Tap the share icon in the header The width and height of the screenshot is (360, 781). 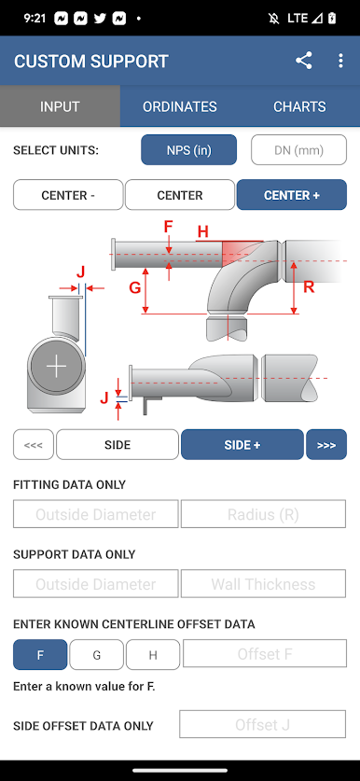(x=304, y=61)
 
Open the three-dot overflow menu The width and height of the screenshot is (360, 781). (x=340, y=61)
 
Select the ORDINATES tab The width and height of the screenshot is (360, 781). (x=180, y=106)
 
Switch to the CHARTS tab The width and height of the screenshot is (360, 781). (x=299, y=106)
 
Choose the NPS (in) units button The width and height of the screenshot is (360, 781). (x=188, y=150)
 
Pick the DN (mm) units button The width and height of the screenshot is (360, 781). (x=298, y=150)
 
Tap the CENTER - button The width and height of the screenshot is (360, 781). (x=68, y=195)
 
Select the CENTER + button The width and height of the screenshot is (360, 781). (x=292, y=195)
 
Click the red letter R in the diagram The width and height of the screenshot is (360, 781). (x=309, y=286)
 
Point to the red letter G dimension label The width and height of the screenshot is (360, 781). (x=135, y=288)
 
